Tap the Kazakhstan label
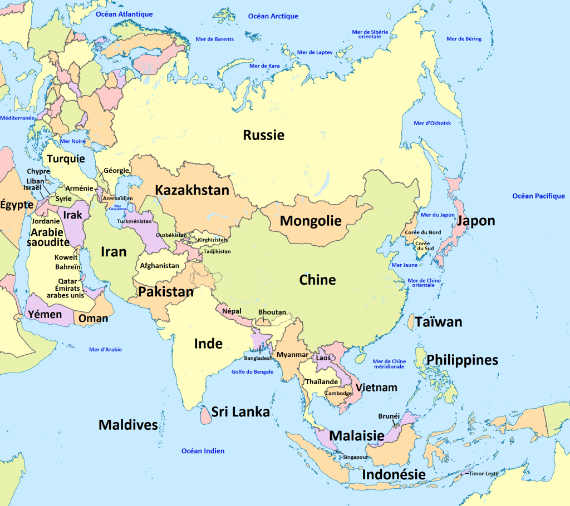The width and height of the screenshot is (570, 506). pyautogui.click(x=192, y=190)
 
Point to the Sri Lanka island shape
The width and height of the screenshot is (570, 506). pyautogui.click(x=203, y=413)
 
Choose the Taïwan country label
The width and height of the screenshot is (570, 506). pyautogui.click(x=438, y=322)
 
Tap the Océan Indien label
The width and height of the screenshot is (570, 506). pyautogui.click(x=203, y=451)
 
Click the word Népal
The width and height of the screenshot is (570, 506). pyautogui.click(x=231, y=311)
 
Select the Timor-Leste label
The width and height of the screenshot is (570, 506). pyautogui.click(x=483, y=474)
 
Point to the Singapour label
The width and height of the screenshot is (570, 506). pyautogui.click(x=355, y=457)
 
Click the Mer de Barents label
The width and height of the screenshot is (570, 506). pyautogui.click(x=215, y=39)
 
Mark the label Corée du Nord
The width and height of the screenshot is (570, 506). pyautogui.click(x=422, y=232)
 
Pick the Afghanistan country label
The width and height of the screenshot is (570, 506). pyautogui.click(x=160, y=266)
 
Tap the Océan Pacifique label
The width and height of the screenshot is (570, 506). pyautogui.click(x=538, y=196)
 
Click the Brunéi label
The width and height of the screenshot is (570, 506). pyautogui.click(x=389, y=415)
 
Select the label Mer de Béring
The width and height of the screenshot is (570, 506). pyautogui.click(x=464, y=39)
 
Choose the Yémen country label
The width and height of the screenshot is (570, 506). pyautogui.click(x=45, y=315)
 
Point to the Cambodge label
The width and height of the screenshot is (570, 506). pyautogui.click(x=338, y=393)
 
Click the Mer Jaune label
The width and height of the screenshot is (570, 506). pyautogui.click(x=405, y=265)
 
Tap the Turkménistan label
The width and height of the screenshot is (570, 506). pyautogui.click(x=134, y=221)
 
